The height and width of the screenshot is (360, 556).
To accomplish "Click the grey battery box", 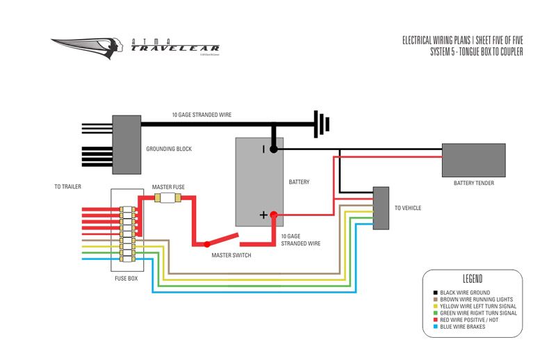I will pos(259,182).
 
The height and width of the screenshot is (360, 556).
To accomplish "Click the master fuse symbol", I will pos(167,198).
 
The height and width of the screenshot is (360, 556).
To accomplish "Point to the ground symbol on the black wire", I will pos(320,124).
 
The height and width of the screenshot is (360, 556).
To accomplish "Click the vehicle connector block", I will pos(381,208).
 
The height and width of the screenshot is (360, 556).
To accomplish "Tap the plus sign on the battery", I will pos(263,215).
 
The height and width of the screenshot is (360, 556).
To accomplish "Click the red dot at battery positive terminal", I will pos(274,215).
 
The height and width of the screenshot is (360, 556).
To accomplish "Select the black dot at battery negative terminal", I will pos(274,149).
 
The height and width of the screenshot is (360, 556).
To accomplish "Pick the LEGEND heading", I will pos(473,280).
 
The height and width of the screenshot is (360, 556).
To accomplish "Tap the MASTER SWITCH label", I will pos(231,255).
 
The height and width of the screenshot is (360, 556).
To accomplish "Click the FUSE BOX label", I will pos(125,279).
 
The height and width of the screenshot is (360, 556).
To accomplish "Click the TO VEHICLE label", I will pos(408,208).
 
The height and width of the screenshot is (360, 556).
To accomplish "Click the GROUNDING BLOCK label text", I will pos(169,149).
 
